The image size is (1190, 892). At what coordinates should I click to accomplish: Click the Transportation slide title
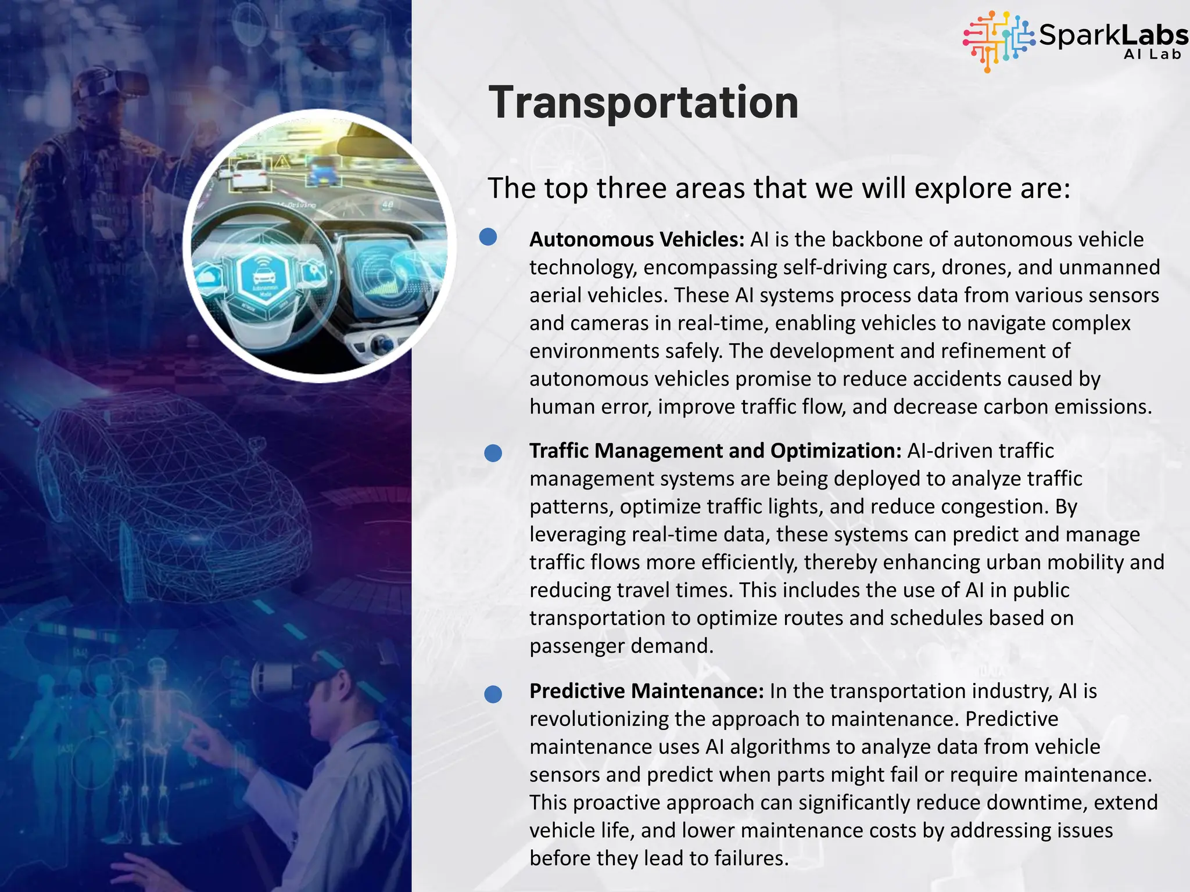tap(643, 103)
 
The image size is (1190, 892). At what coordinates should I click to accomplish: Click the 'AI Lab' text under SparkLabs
tap(1152, 55)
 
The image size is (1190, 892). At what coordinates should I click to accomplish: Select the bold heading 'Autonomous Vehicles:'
tap(636, 240)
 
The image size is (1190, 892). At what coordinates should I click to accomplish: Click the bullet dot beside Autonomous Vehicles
tap(488, 236)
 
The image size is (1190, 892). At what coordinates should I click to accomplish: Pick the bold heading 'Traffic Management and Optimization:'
tap(715, 451)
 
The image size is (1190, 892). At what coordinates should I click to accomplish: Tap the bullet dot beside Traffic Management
tap(493, 453)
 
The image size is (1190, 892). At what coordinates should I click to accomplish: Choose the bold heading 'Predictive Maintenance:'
tap(646, 691)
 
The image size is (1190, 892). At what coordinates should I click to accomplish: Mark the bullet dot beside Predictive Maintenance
tap(493, 693)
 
